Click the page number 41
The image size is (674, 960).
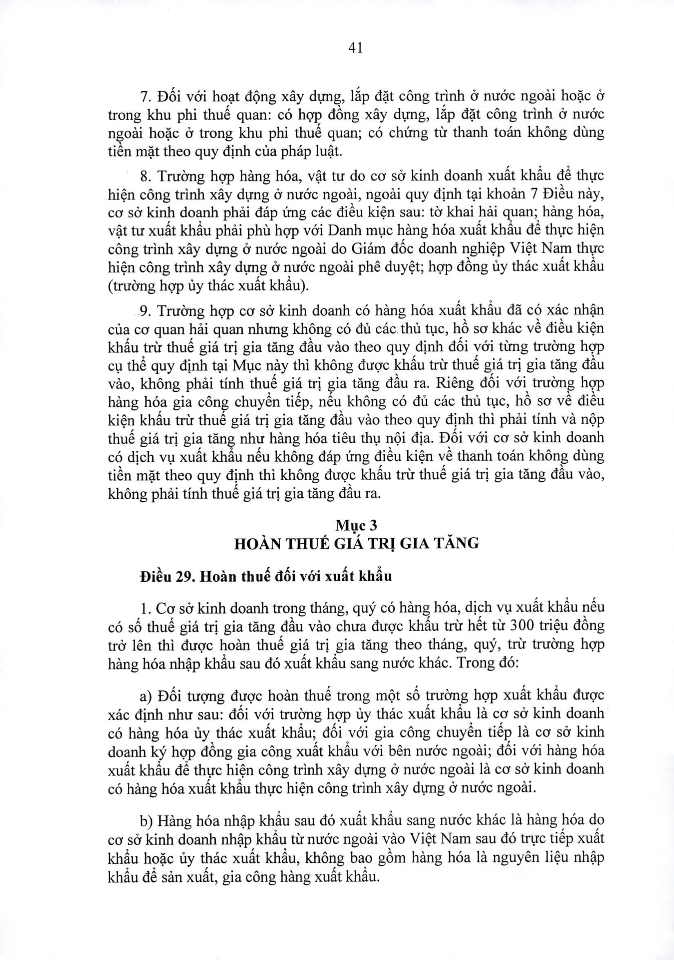[x=355, y=49]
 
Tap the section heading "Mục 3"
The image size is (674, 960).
[x=356, y=525]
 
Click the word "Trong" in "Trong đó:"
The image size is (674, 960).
[x=473, y=663]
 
